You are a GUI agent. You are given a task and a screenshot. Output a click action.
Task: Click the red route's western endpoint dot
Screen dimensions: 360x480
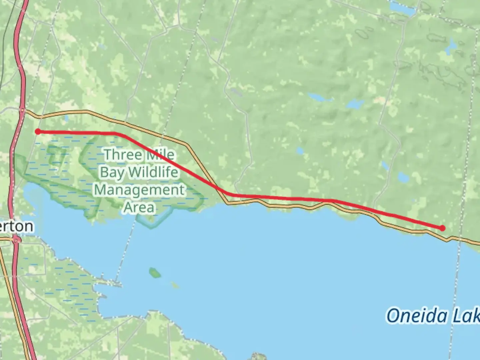[38, 132]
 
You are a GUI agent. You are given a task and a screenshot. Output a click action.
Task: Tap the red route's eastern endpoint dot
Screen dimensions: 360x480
[442, 228]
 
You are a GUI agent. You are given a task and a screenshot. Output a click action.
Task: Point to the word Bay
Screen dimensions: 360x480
[112, 172]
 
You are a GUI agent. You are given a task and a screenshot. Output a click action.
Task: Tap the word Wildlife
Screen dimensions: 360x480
[153, 172]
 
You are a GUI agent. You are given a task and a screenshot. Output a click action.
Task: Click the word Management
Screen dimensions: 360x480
[139, 190]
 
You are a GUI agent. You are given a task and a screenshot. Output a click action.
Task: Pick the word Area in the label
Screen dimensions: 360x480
[139, 207]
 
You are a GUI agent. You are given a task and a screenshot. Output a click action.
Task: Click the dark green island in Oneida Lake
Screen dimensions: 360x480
[154, 273]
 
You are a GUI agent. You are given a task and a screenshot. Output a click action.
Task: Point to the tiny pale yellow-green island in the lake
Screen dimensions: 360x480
[175, 285]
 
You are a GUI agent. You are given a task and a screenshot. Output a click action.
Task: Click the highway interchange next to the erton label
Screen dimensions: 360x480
[16, 240]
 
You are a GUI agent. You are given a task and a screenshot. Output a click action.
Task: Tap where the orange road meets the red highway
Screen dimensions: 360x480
[22, 111]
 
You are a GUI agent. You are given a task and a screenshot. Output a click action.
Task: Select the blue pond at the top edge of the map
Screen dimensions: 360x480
[403, 8]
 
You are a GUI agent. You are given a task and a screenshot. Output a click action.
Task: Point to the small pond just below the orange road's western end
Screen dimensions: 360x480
[66, 118]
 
